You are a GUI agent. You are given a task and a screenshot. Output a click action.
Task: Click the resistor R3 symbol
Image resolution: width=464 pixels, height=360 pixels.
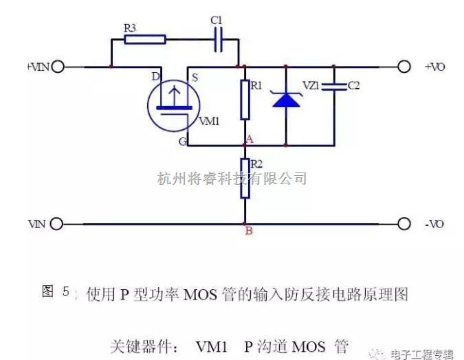click(x=145, y=39)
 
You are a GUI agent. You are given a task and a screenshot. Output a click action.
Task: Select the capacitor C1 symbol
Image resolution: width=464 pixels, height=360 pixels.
click(x=219, y=39)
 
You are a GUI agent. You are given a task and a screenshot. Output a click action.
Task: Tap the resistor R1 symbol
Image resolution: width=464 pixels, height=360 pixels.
click(x=245, y=100)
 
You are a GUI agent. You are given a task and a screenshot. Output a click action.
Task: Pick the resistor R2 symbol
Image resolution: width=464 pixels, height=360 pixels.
click(x=245, y=178)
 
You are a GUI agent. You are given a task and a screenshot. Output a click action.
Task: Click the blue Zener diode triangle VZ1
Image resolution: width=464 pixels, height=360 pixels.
click(x=286, y=100)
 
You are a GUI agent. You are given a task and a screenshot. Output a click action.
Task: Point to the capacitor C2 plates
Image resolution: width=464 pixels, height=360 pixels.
click(x=334, y=87)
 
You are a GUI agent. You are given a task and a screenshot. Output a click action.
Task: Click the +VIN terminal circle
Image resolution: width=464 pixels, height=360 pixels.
click(x=58, y=67)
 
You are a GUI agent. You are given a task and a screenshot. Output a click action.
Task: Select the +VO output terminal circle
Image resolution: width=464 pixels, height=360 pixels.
click(x=404, y=67)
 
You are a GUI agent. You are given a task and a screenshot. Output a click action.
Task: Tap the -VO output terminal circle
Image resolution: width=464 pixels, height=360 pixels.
click(x=404, y=224)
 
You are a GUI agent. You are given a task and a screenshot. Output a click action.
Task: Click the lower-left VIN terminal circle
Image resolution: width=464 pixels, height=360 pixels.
click(x=56, y=224)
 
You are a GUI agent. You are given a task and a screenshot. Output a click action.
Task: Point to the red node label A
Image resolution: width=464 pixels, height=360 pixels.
click(x=250, y=139)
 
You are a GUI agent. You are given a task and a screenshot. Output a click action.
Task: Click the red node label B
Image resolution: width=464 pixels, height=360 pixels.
click(x=249, y=231)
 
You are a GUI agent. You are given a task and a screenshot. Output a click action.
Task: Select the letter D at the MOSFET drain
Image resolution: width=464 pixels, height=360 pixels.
click(x=155, y=77)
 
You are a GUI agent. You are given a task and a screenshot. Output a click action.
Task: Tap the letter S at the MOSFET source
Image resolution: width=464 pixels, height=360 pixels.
click(x=195, y=78)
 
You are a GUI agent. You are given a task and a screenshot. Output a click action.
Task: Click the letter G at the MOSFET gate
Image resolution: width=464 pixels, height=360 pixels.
click(x=183, y=142)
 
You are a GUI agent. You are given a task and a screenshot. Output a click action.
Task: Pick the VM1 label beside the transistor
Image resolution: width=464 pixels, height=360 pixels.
click(x=209, y=121)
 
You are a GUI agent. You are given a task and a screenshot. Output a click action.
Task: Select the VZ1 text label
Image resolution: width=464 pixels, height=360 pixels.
click(x=311, y=85)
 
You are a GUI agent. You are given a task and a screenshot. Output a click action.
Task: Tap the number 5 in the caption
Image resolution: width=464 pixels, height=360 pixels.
click(x=66, y=291)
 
